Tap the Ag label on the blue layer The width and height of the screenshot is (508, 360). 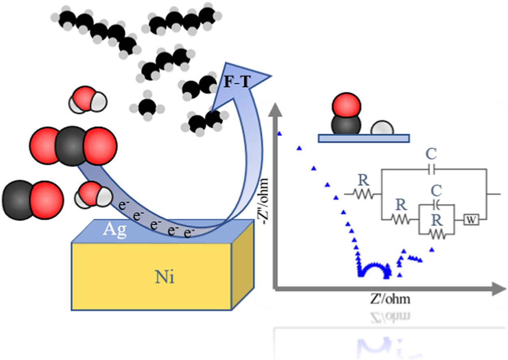tap(115, 230)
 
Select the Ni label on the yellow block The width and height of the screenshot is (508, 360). tap(165, 277)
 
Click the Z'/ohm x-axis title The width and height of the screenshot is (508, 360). tap(390, 299)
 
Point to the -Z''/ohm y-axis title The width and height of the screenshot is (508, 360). tap(263, 202)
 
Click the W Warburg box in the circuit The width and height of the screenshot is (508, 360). tap(471, 220)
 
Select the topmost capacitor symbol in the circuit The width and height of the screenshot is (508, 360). tap(432, 169)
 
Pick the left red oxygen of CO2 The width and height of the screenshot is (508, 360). tap(44, 146)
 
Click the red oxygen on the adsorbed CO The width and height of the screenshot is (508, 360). tap(346, 106)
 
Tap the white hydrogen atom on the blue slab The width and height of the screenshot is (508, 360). tap(382, 128)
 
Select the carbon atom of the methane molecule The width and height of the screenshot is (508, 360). tap(147, 107)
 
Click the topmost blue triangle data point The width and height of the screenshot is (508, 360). tap(280, 134)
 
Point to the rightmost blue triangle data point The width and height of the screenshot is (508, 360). tap(432, 249)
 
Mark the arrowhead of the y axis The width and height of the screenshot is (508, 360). tap(275, 109)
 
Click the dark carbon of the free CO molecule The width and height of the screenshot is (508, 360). tap(19, 200)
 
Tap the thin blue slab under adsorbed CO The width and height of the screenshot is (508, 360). tap(364, 138)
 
